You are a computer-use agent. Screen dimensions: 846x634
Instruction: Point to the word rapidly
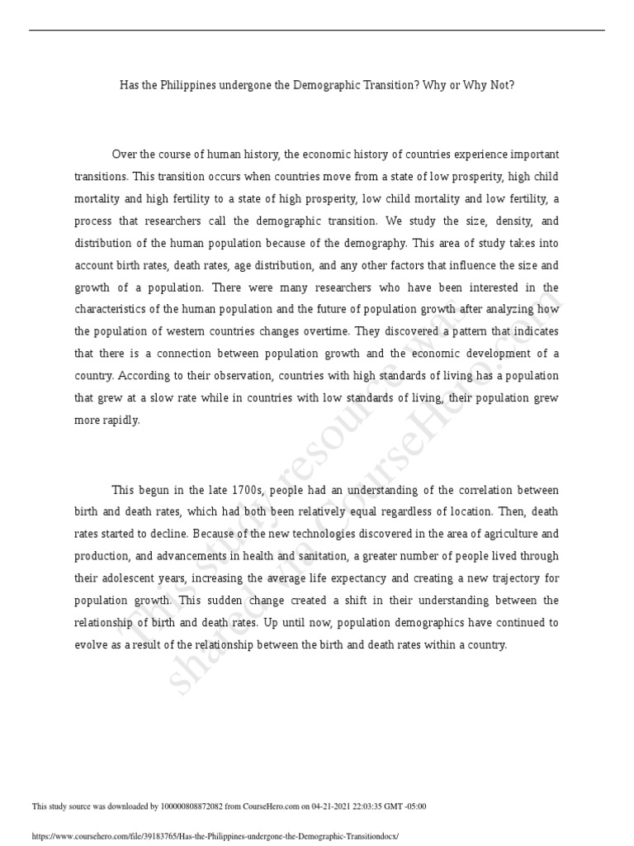(x=118, y=420)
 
